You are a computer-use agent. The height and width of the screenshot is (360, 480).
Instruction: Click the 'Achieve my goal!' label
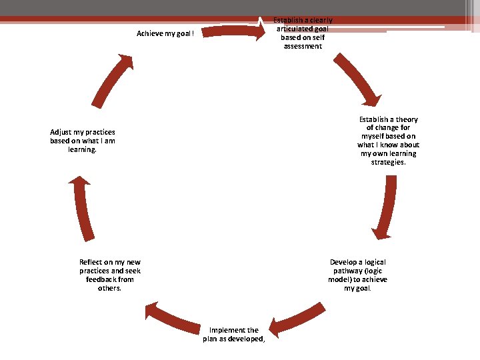pos(165,33)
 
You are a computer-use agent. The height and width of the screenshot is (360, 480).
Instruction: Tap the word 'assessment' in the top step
pos(303,46)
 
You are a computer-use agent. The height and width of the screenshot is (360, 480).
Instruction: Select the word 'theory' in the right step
pos(406,119)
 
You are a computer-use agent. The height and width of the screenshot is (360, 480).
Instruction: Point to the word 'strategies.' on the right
pos(389,162)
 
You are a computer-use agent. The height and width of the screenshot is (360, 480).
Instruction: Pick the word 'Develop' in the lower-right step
pos(344,262)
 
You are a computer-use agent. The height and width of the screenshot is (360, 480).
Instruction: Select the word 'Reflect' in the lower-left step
pos(92,262)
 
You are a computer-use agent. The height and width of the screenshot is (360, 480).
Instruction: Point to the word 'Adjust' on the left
pos(61,132)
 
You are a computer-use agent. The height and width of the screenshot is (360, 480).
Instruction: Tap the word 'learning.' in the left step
pos(83,149)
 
